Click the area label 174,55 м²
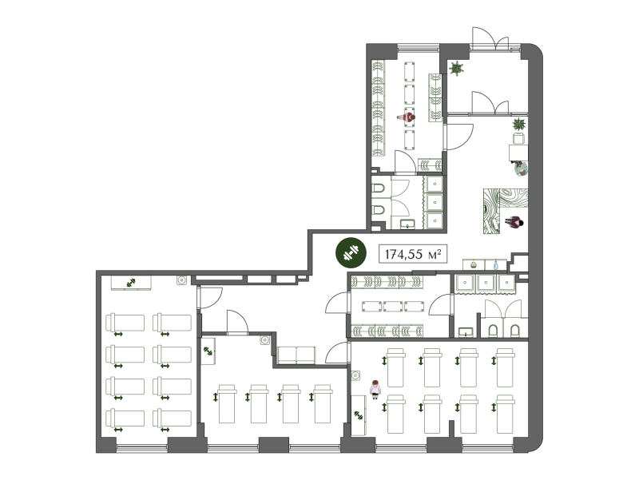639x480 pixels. (413, 254)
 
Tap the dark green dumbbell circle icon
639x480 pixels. (350, 253)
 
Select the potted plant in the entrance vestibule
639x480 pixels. (456, 69)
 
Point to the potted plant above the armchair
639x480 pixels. (518, 124)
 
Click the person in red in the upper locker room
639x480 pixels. (407, 117)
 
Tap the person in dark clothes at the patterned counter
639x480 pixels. (514, 223)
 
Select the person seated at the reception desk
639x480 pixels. (520, 168)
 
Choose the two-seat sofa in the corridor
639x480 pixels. (296, 355)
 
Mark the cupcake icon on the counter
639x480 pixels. (473, 265)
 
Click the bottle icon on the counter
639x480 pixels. (496, 265)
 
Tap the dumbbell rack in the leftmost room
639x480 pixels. (131, 283)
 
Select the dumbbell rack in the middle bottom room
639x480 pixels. (208, 351)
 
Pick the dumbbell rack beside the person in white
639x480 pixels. (359, 415)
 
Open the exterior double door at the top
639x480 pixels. (490, 39)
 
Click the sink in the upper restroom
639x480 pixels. (407, 224)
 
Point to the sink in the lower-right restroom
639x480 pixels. (466, 332)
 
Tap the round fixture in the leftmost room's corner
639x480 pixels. (182, 280)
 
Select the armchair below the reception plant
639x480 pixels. (518, 138)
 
